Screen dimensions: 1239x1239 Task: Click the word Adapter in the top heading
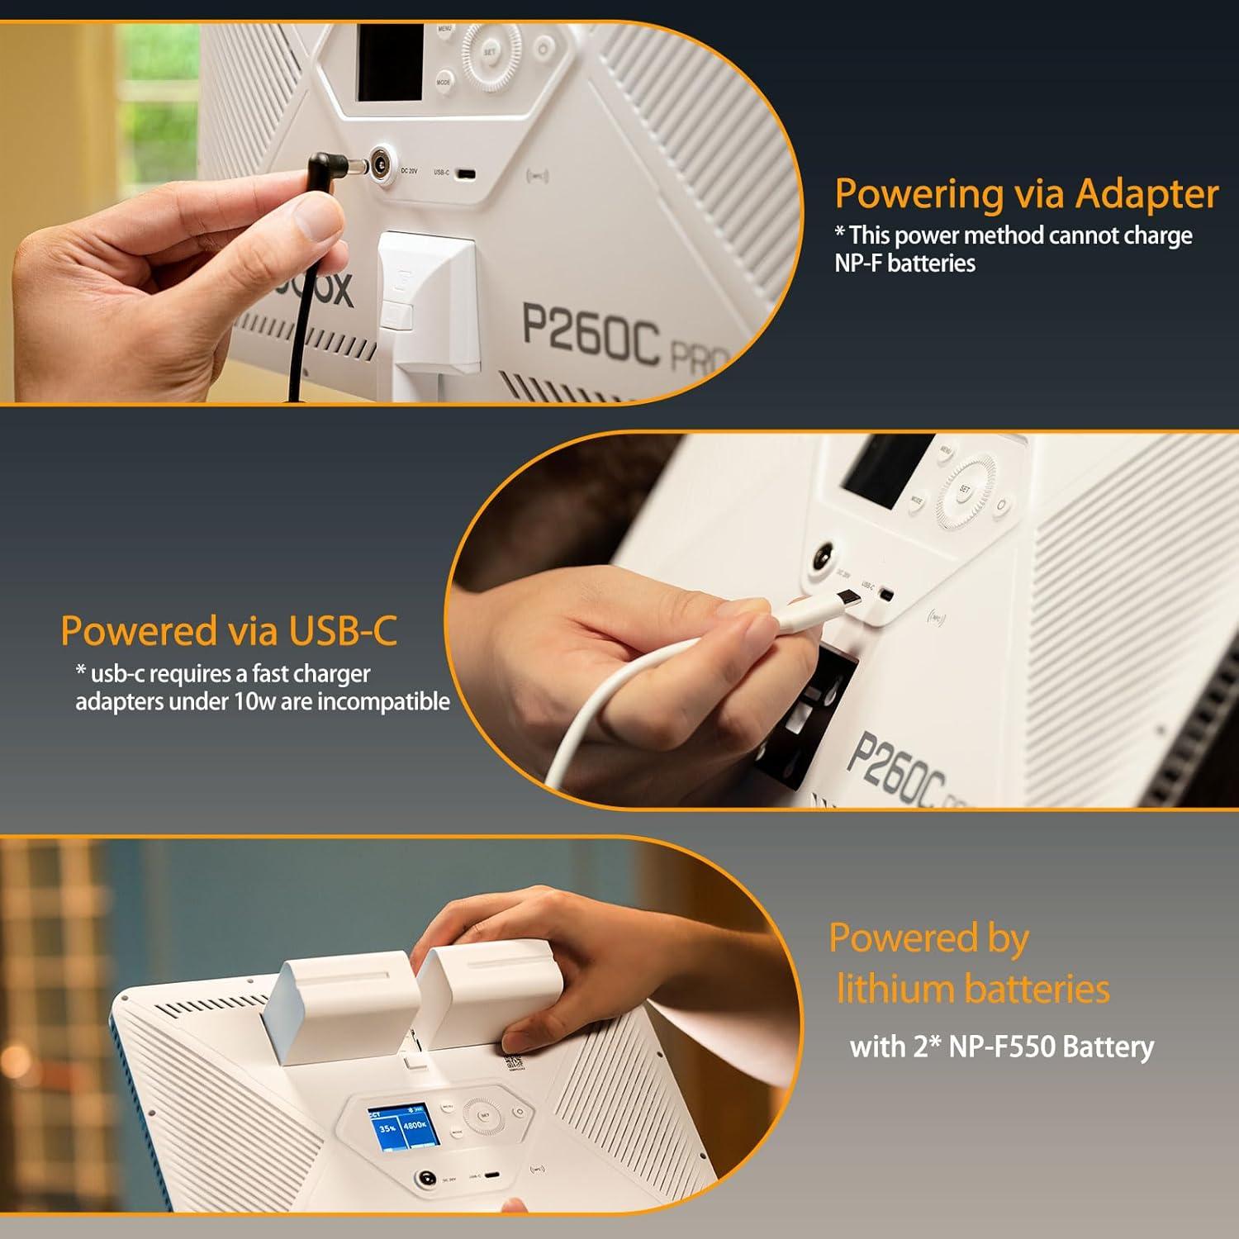[x=1146, y=195]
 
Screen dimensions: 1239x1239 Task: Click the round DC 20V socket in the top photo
[x=381, y=159]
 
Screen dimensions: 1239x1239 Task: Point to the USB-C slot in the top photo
[x=466, y=173]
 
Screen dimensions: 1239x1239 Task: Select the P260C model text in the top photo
[x=590, y=333]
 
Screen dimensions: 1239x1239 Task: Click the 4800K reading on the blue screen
[x=415, y=1125]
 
